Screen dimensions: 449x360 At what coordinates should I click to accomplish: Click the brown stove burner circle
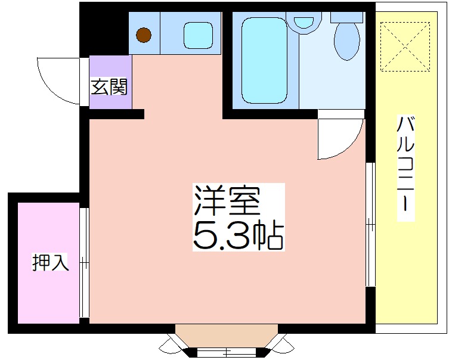(144, 35)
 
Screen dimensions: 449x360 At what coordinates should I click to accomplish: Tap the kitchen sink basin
(198, 36)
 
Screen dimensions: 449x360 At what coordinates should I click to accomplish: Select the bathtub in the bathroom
(264, 60)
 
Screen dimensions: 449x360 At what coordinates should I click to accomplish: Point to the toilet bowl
(347, 42)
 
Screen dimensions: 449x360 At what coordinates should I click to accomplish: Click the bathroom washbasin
(304, 21)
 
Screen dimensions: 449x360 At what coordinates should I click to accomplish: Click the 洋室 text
(227, 201)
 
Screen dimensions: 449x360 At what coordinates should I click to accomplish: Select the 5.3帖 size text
(239, 235)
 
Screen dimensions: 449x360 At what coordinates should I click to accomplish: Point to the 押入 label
(50, 262)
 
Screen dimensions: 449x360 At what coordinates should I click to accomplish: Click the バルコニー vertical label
(405, 168)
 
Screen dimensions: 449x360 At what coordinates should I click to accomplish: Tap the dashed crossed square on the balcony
(405, 46)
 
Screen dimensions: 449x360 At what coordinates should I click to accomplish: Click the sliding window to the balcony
(370, 224)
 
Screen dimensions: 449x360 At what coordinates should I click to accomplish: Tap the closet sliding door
(84, 262)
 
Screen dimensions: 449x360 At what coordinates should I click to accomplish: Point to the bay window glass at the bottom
(227, 351)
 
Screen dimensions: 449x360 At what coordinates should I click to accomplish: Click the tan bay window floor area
(227, 336)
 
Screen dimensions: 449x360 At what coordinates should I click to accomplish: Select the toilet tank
(347, 17)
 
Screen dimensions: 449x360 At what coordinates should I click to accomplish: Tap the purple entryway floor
(110, 82)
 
